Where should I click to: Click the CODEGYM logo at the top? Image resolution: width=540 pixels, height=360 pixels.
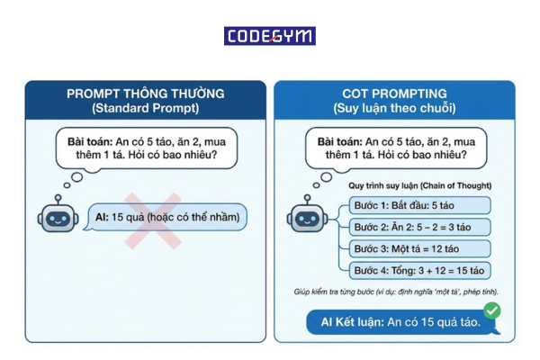(270, 36)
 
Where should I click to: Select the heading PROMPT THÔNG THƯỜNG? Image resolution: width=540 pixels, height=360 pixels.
(145, 94)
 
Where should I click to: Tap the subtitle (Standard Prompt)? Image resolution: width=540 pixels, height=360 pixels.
(145, 109)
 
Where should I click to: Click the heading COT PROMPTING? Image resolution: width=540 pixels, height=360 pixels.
(394, 94)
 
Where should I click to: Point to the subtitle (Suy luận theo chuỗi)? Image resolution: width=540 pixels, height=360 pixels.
(394, 109)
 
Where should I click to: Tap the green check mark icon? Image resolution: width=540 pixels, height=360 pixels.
(491, 310)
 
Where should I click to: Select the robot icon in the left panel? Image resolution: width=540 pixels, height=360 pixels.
(54, 219)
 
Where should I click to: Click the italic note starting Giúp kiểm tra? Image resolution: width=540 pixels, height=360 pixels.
(397, 292)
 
